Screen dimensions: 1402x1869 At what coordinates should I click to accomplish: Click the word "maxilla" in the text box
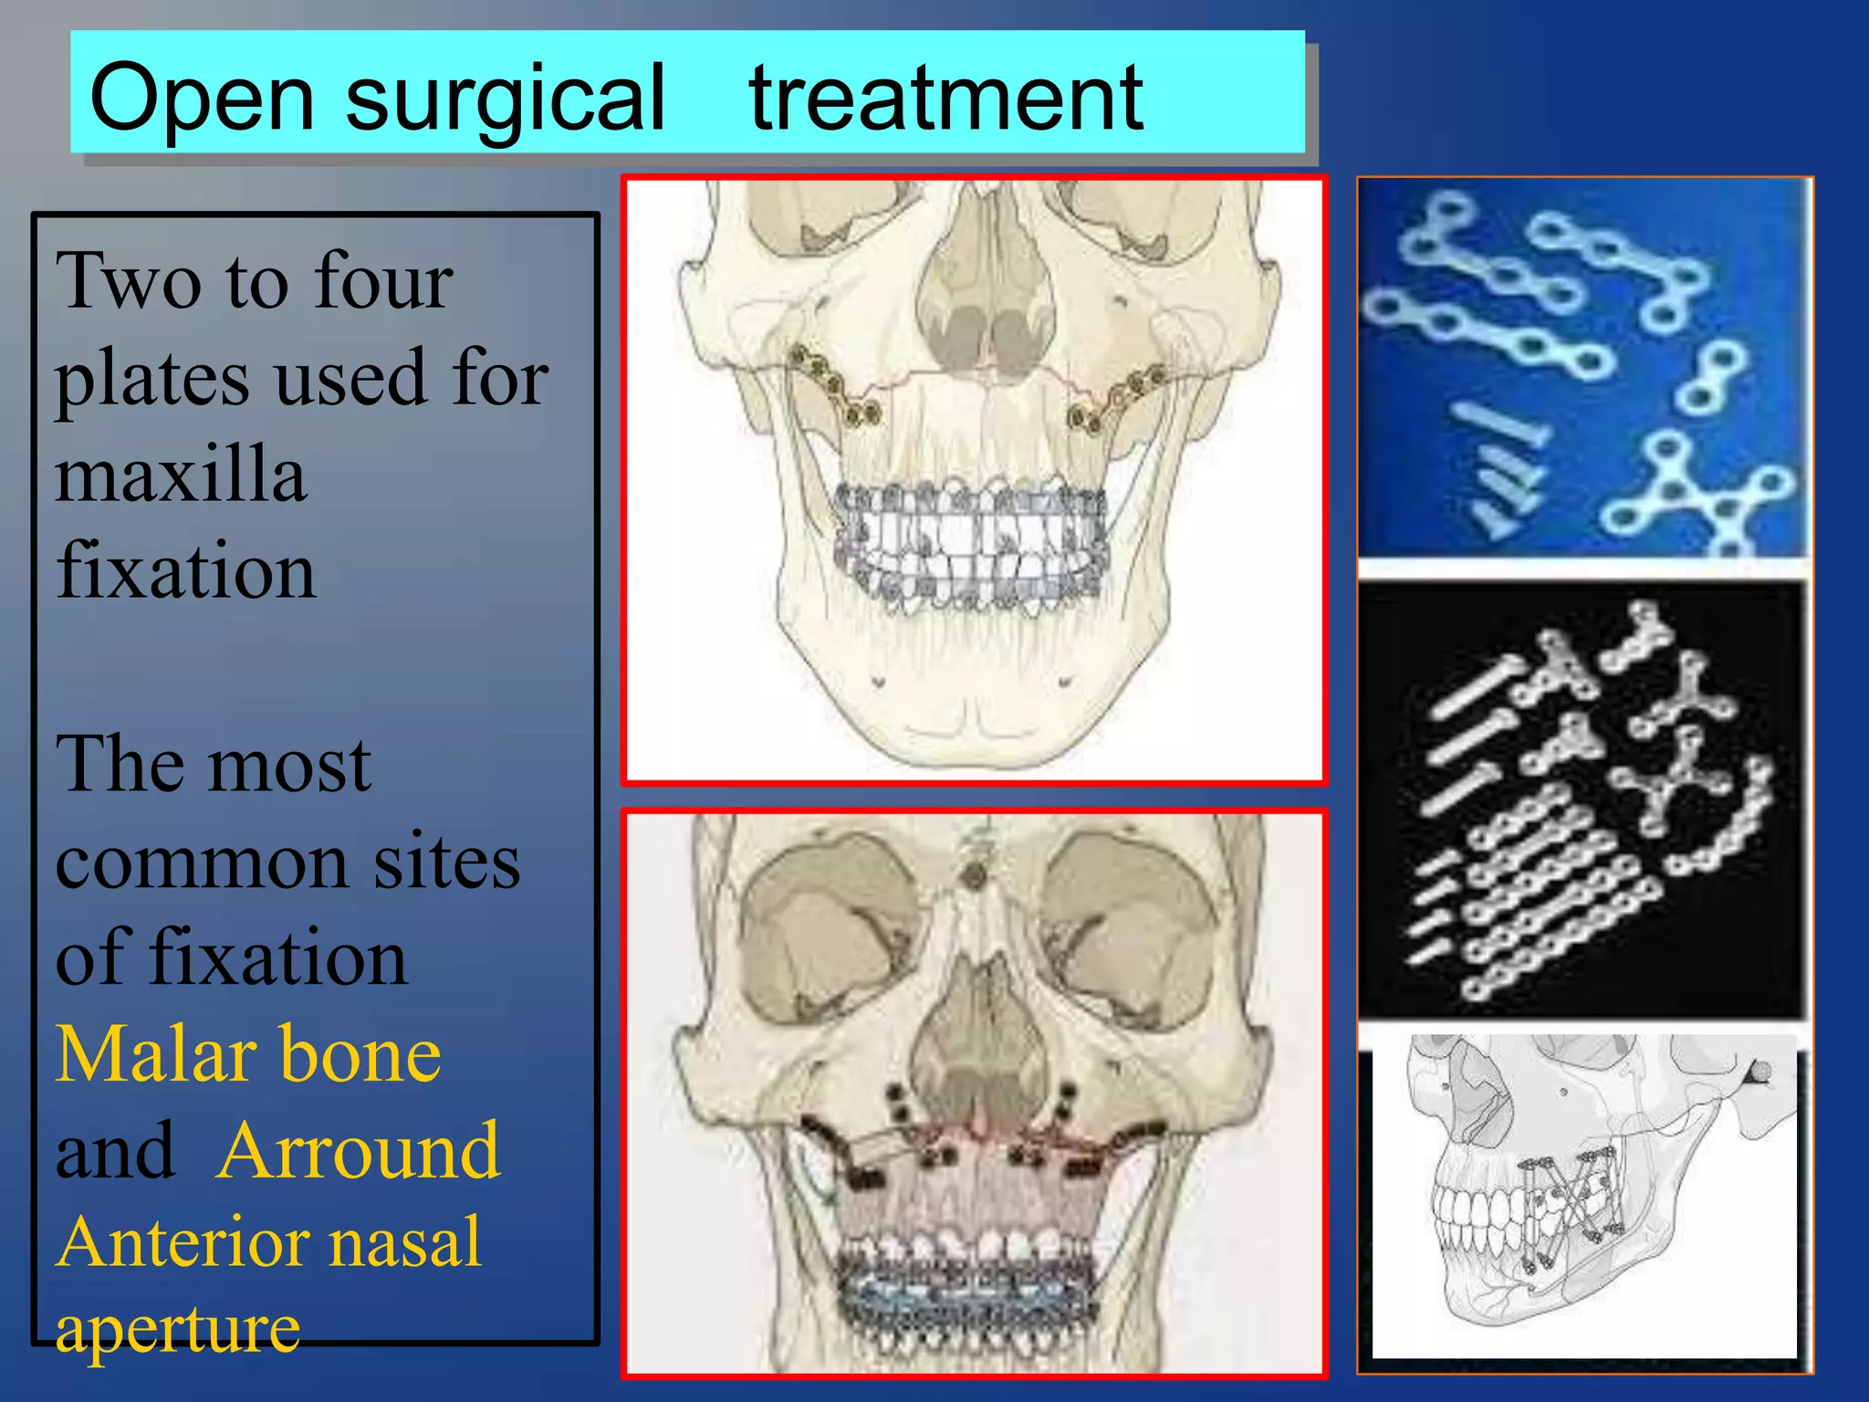(x=181, y=475)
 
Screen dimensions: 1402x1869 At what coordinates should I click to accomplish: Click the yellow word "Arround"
(x=359, y=1152)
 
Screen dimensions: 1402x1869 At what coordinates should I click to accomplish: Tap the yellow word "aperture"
(x=177, y=1329)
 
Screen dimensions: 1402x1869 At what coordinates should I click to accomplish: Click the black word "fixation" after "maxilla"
(x=186, y=571)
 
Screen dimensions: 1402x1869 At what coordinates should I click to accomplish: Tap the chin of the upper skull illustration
(x=975, y=721)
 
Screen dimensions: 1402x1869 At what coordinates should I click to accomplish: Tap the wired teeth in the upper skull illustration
(x=973, y=548)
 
